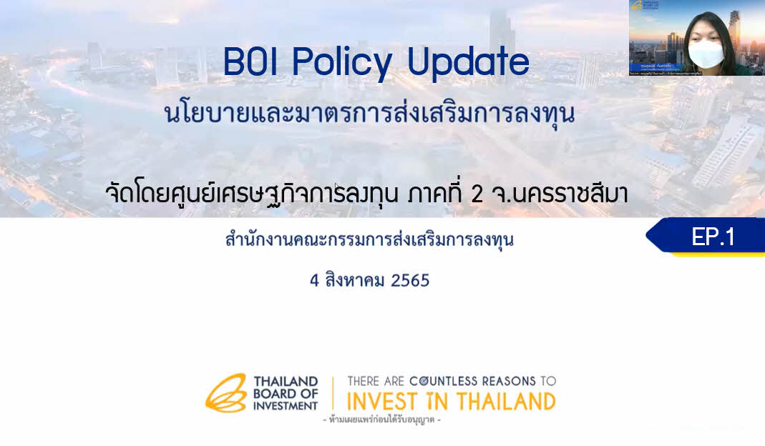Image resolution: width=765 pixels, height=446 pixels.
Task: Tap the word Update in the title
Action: (x=468, y=64)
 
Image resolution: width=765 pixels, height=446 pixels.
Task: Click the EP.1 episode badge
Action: (x=713, y=237)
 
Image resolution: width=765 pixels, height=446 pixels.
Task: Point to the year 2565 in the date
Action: (x=410, y=280)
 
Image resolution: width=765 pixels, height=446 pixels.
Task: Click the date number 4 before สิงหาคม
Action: (x=314, y=280)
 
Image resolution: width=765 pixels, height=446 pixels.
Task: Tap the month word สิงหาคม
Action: (x=355, y=280)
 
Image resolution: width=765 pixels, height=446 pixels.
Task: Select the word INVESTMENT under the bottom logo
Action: (x=285, y=405)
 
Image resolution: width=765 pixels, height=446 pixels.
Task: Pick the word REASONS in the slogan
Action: (x=513, y=381)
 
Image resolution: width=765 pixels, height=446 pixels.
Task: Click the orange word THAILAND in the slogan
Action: (x=505, y=400)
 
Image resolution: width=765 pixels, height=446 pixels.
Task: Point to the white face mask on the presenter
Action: (x=704, y=54)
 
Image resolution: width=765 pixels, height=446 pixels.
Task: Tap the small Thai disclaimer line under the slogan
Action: (x=381, y=420)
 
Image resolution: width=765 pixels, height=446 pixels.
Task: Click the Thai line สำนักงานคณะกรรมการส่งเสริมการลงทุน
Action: (x=369, y=240)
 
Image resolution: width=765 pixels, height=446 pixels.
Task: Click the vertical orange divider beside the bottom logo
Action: (x=333, y=392)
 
